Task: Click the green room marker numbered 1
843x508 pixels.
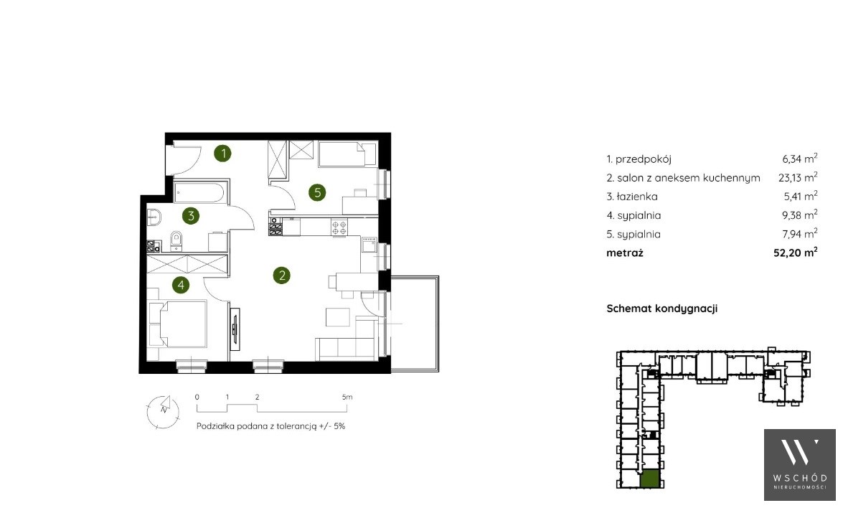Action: pyautogui.click(x=222, y=154)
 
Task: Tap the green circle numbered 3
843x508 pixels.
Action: pyautogui.click(x=190, y=216)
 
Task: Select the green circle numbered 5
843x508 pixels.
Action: pyautogui.click(x=317, y=192)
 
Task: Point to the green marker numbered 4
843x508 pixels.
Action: pyautogui.click(x=181, y=285)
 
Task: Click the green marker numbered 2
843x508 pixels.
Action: pyautogui.click(x=281, y=276)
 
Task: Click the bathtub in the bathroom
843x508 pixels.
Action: pyautogui.click(x=201, y=192)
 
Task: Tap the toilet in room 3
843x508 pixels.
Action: pyautogui.click(x=176, y=241)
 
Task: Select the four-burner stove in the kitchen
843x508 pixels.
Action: pyautogui.click(x=339, y=227)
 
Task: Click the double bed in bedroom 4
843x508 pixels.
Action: pyautogui.click(x=178, y=324)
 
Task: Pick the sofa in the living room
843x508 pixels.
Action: pyautogui.click(x=346, y=348)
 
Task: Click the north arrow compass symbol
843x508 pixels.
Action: pyautogui.click(x=162, y=411)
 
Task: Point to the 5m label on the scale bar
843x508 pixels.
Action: pyautogui.click(x=347, y=398)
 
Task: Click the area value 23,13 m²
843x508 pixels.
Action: pyautogui.click(x=798, y=177)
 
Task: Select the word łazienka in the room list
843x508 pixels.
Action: pyautogui.click(x=637, y=197)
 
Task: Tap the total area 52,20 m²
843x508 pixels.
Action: pyautogui.click(x=795, y=252)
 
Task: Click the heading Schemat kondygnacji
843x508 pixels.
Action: pyautogui.click(x=661, y=309)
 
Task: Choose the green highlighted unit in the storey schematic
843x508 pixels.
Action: pyautogui.click(x=650, y=479)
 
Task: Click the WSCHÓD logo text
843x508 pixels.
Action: pyautogui.click(x=800, y=478)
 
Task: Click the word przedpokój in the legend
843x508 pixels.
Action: pyautogui.click(x=643, y=159)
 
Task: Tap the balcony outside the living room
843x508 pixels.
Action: pyautogui.click(x=415, y=323)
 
